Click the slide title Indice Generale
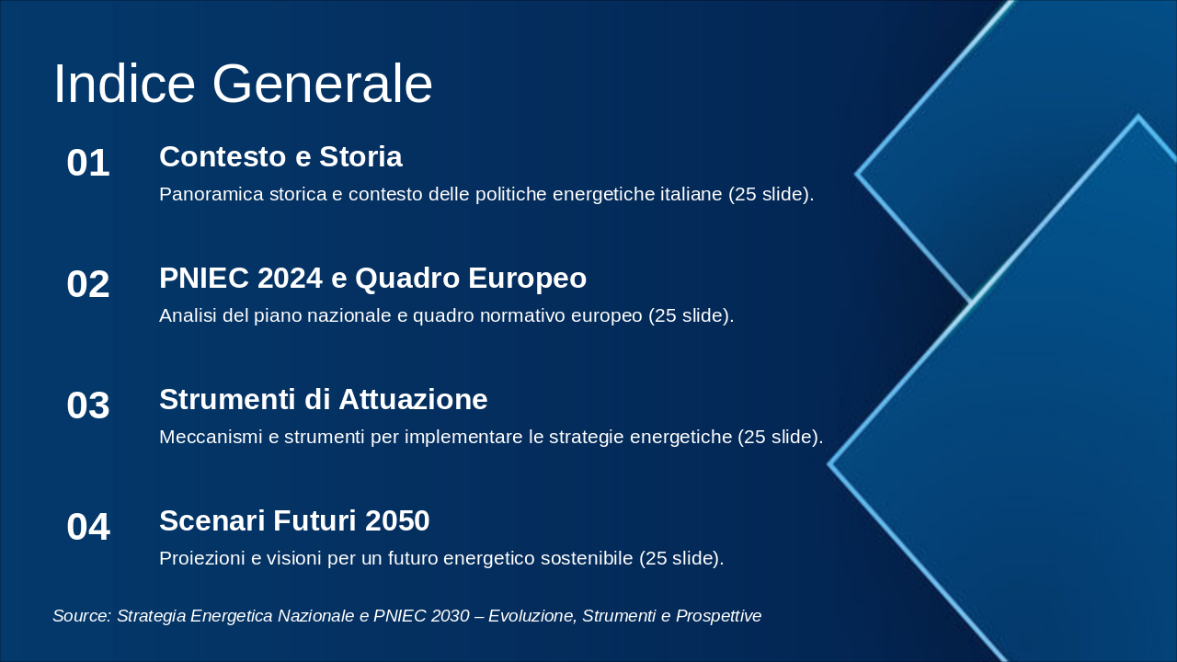tap(243, 84)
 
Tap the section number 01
tap(88, 163)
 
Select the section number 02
tap(88, 284)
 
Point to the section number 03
tap(88, 405)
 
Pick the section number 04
tap(88, 527)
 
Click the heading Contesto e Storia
tap(280, 156)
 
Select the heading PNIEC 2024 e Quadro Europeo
tap(372, 278)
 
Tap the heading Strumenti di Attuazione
tap(323, 399)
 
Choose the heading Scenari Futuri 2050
tap(294, 520)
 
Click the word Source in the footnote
tap(82, 616)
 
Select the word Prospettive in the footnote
tap(718, 616)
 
